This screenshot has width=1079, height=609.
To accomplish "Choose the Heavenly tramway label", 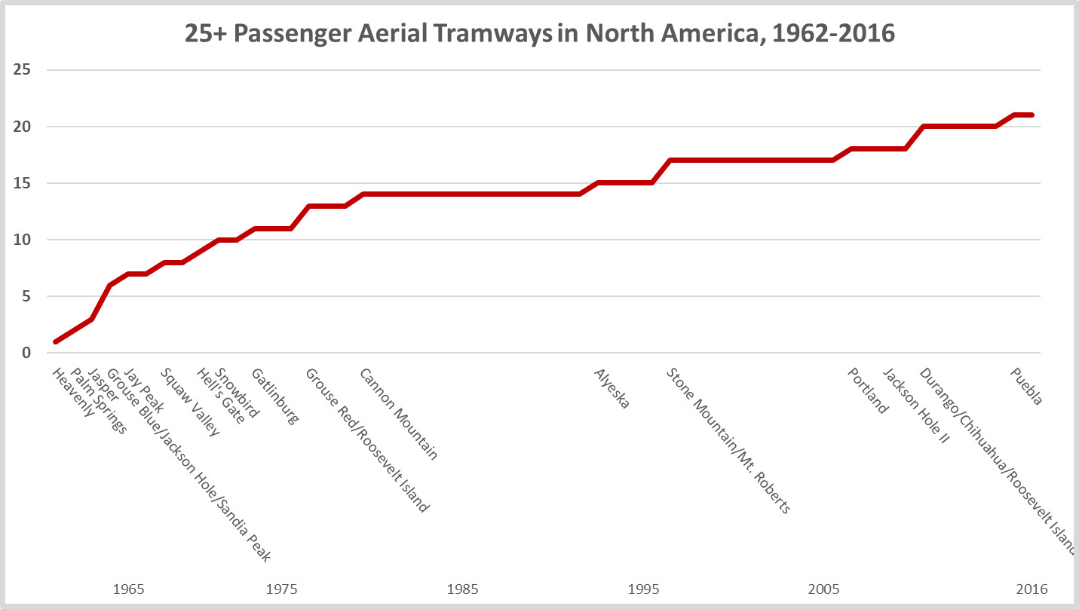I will coord(74,393).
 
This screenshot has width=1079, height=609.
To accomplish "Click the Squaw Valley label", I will coord(190,402).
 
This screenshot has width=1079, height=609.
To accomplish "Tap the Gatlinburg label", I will coord(275,396).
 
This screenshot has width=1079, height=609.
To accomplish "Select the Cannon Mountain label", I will coord(398,414).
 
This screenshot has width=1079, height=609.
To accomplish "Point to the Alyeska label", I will coord(612,388).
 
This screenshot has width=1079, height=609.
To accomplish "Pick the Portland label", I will coord(869,390).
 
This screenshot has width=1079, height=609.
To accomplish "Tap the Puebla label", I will coord(1027,387).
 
